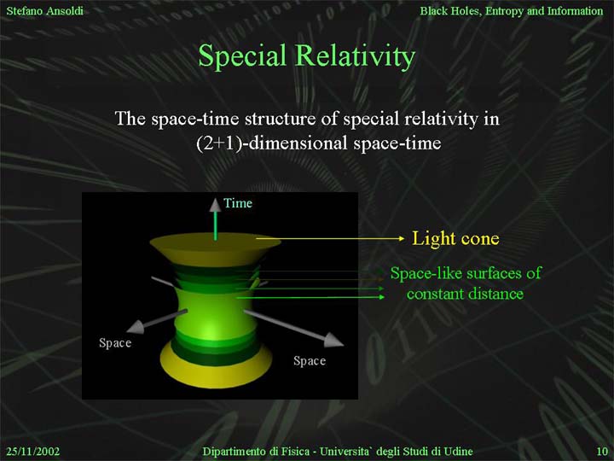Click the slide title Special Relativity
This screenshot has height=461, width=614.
point(307,55)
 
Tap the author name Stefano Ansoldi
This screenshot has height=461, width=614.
point(44,10)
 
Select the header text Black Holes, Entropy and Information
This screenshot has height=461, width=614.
point(512,11)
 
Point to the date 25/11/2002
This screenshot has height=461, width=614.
point(33,452)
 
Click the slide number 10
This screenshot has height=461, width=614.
point(602,452)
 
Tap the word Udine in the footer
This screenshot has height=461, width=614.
point(458,452)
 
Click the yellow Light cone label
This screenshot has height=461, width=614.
point(455,238)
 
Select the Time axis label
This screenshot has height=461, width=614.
point(238,203)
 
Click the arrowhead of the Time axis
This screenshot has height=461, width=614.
point(215,205)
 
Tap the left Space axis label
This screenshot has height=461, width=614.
point(115,343)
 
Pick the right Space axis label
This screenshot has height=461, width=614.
point(310,360)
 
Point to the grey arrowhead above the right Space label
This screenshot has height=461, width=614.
point(333,341)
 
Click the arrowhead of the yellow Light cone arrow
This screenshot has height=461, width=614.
point(401,238)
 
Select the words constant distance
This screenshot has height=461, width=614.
point(465,294)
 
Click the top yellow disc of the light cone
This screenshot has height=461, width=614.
point(215,245)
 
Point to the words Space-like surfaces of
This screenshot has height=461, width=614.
point(466,273)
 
